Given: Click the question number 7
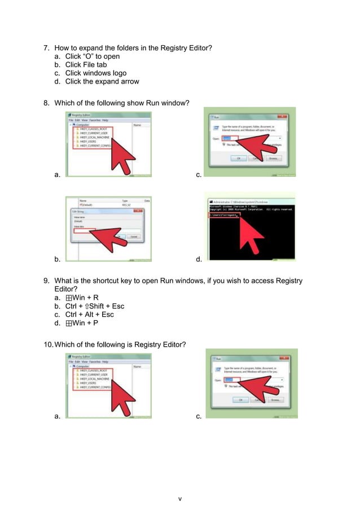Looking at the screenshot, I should [47, 48].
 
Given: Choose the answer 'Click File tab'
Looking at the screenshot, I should [86, 65].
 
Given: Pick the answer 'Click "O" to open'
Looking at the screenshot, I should [92, 56].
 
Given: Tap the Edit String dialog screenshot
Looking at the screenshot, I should [108, 229].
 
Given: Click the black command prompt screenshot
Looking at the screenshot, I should [251, 226].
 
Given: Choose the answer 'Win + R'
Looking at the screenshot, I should [85, 298].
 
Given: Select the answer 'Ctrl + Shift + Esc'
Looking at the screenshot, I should [94, 306].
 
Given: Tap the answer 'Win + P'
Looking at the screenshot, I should [85, 323].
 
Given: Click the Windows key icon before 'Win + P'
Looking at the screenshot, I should [68, 323].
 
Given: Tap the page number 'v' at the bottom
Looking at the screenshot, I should [179, 499].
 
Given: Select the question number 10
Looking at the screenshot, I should [48, 345].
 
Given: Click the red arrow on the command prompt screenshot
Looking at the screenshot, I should [254, 237].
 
